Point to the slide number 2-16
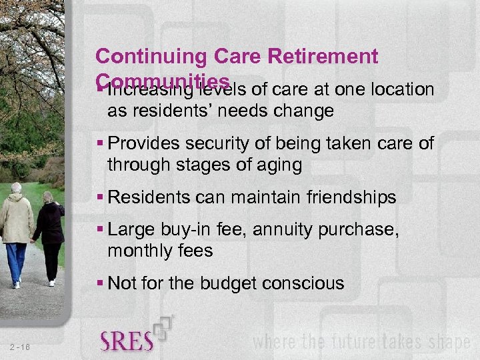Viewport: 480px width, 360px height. coord(21,347)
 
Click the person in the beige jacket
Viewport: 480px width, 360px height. coord(16,220)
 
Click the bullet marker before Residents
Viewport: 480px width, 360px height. coord(99,197)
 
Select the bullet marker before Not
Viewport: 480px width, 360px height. coord(99,283)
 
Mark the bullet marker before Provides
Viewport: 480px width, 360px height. coord(99,143)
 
